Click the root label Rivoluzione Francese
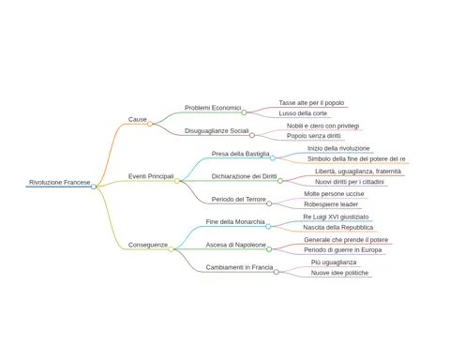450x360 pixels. (x=60, y=182)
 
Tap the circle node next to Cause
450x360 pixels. (x=150, y=124)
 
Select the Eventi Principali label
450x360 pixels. (x=151, y=176)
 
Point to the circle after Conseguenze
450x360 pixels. (x=171, y=249)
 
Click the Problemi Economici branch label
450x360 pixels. (x=213, y=108)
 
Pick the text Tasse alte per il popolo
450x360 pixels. (x=311, y=103)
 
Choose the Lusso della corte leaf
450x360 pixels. (x=303, y=113)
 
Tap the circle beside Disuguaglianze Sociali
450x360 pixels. (x=252, y=135)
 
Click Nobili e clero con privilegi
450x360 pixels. (x=323, y=126)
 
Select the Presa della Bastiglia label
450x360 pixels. (x=240, y=154)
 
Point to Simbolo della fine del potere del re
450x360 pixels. (x=356, y=158)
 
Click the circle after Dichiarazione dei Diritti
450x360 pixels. (x=280, y=181)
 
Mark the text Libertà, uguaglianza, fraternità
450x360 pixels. (x=358, y=172)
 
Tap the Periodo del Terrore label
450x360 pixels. (x=239, y=199)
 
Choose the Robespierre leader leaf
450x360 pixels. (x=331, y=204)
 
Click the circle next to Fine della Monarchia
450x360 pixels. (x=268, y=226)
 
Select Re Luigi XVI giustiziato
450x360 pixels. (x=336, y=217)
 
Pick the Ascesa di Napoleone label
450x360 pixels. (x=236, y=245)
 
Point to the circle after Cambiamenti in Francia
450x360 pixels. (x=277, y=272)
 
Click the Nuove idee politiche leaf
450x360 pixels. (x=339, y=273)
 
